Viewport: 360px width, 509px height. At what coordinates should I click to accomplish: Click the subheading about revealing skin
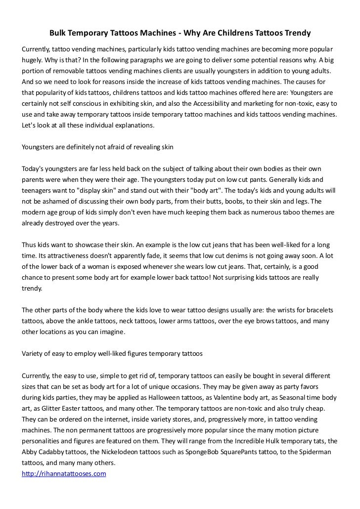98,147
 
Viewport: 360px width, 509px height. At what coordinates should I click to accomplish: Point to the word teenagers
40,191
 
